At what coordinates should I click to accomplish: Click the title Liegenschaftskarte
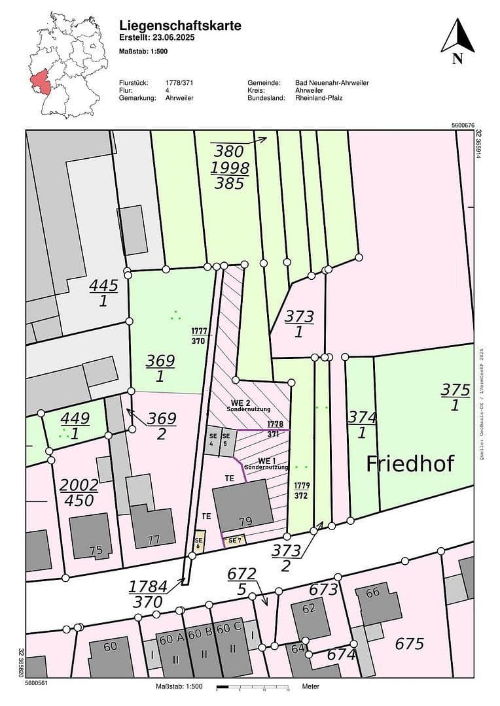click(180, 25)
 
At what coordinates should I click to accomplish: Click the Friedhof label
click(410, 463)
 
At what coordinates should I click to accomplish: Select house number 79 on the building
click(245, 521)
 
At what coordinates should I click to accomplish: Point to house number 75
click(96, 550)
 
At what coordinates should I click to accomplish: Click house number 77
click(153, 540)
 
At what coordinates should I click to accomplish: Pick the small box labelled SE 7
click(234, 540)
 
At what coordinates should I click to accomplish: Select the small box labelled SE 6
click(199, 543)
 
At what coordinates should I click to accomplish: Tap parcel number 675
click(409, 643)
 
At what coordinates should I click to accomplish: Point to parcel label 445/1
click(103, 294)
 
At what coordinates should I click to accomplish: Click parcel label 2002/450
click(79, 492)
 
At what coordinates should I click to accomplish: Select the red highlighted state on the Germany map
click(41, 82)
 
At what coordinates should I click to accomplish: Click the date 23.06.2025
click(173, 38)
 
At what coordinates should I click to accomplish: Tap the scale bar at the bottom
click(253, 687)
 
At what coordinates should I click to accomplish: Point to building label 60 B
click(200, 634)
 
